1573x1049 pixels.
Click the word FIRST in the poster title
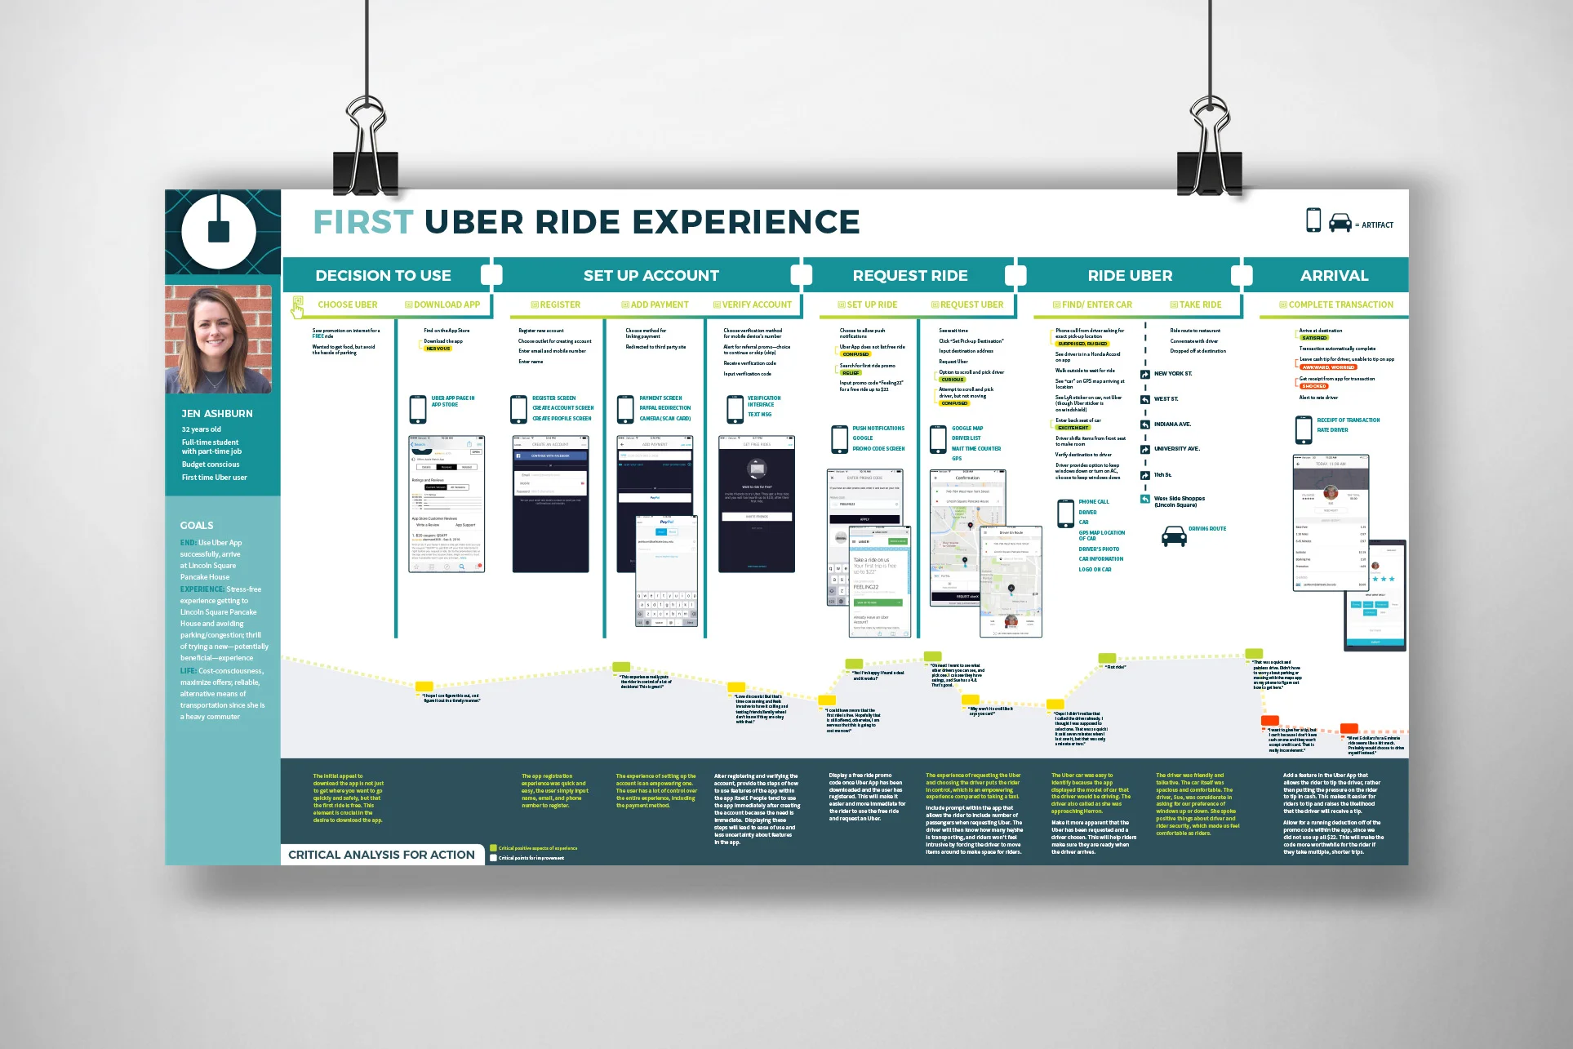coord(363,222)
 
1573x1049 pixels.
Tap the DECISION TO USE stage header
coord(383,276)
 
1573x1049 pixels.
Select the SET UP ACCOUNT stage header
coord(651,276)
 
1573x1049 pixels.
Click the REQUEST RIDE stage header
coord(910,276)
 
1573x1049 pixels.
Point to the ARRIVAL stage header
coord(1334,276)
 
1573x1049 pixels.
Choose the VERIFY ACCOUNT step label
coord(757,305)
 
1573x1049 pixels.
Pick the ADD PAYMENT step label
coord(660,305)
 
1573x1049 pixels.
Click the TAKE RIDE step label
coord(1200,305)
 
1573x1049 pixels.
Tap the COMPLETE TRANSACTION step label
coord(1340,305)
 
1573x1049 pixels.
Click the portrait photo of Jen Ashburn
coord(219,339)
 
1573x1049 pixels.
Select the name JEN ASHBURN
coord(217,414)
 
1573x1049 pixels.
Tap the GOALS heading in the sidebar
coord(197,526)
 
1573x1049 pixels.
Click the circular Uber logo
coord(219,232)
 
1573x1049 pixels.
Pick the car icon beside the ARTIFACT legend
coord(1340,223)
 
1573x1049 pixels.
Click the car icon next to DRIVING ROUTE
coord(1174,536)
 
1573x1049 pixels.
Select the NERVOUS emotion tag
coord(438,349)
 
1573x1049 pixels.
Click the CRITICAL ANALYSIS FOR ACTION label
coord(381,855)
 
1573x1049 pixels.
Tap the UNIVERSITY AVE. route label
coord(1176,449)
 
